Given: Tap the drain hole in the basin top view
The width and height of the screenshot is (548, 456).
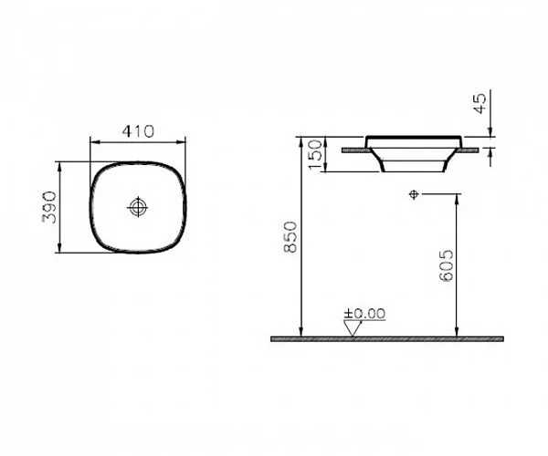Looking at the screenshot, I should (x=137, y=207).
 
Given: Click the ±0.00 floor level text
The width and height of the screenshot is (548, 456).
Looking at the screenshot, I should (x=365, y=313).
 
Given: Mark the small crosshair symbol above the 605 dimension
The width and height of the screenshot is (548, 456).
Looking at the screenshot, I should (x=414, y=194).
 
